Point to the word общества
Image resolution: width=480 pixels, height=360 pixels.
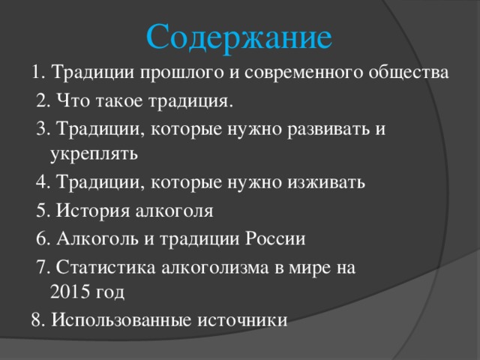(408, 73)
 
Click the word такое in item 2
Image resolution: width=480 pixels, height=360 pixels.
(119, 101)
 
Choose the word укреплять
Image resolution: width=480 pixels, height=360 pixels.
(94, 154)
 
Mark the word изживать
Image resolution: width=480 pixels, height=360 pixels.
(326, 182)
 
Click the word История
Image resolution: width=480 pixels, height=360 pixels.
(93, 211)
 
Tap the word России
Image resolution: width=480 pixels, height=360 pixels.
(275, 238)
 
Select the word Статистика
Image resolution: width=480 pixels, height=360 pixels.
(106, 268)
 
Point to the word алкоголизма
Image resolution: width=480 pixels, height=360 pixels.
(215, 268)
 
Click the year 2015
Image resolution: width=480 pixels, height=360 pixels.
(70, 292)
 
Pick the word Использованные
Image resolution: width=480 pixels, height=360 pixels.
(121, 320)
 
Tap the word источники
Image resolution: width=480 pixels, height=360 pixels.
(242, 320)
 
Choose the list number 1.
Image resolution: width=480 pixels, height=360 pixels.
(38, 73)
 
